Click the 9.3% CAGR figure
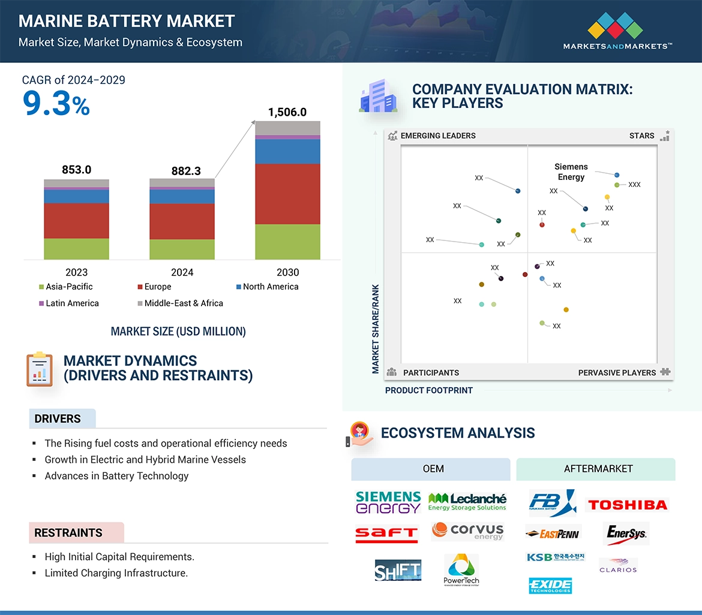[56, 103]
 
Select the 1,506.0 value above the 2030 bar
[287, 112]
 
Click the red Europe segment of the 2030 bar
[287, 194]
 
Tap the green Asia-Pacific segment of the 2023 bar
[76, 249]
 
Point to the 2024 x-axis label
[182, 272]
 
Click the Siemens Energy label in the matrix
[571, 172]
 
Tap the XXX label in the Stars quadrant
[634, 185]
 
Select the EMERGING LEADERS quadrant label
[437, 135]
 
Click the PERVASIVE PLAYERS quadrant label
[617, 373]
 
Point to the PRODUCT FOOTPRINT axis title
[428, 390]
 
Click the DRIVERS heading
[58, 419]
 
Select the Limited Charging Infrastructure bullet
[116, 573]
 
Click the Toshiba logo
[627, 505]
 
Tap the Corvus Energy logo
[467, 531]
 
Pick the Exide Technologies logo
[550, 585]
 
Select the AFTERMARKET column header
[598, 469]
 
